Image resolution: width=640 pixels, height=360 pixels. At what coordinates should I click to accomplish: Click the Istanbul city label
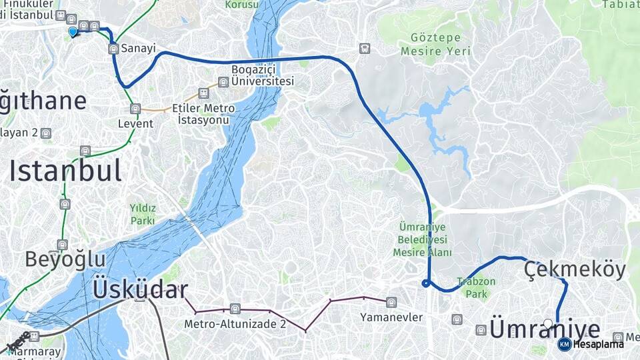pyautogui.click(x=65, y=171)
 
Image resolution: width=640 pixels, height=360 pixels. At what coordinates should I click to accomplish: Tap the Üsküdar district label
pyautogui.click(x=140, y=290)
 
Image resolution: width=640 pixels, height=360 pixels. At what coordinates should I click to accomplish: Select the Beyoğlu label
pyautogui.click(x=65, y=259)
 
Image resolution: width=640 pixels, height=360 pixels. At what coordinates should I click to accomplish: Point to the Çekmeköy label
pyautogui.click(x=575, y=270)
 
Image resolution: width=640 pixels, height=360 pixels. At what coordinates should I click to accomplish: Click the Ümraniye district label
pyautogui.click(x=545, y=329)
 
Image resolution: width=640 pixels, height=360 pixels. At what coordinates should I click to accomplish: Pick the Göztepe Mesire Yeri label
pyautogui.click(x=435, y=44)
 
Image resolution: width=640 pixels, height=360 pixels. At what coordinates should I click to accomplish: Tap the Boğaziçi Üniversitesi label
pyautogui.click(x=262, y=75)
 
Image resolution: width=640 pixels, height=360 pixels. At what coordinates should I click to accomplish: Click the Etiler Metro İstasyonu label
pyautogui.click(x=203, y=114)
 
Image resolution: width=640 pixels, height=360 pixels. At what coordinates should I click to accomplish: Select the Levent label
pyautogui.click(x=135, y=123)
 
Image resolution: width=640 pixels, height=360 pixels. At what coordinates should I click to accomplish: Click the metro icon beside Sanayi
pyautogui.click(x=113, y=48)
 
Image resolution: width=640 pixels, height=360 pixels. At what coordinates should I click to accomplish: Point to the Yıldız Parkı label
pyautogui.click(x=143, y=214)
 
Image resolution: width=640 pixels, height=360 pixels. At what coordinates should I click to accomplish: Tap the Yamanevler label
pyautogui.click(x=391, y=317)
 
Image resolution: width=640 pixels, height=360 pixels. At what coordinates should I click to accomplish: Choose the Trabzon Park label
pyautogui.click(x=476, y=287)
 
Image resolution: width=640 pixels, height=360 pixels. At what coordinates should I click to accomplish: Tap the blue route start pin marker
pyautogui.click(x=73, y=31)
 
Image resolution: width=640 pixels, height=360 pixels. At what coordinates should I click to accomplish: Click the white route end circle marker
pyautogui.click(x=548, y=324)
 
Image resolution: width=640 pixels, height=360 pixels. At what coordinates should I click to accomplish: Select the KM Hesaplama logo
pyautogui.click(x=590, y=344)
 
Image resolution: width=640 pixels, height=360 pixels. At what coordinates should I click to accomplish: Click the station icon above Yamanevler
pyautogui.click(x=391, y=303)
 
